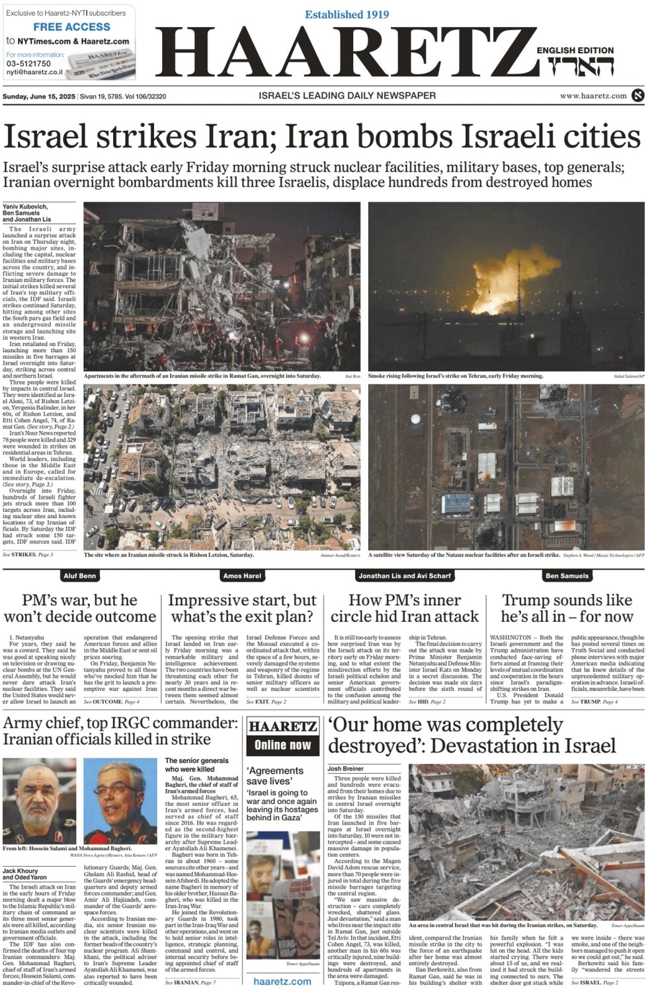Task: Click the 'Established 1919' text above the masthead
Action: coord(346,15)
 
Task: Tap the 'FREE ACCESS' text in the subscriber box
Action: coord(71,27)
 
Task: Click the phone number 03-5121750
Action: coord(28,64)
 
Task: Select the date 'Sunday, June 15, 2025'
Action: coord(39,96)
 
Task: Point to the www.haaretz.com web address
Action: coord(593,96)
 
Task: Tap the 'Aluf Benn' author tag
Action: coord(79,576)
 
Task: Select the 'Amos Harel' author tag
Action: coord(242,576)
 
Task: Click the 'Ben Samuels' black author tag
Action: coord(567,576)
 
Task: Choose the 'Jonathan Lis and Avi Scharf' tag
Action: coord(404,576)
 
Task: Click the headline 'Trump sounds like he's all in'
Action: coord(567,608)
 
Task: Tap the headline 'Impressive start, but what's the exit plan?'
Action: coord(242,608)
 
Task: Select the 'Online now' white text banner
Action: coord(282,745)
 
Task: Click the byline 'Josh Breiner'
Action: coord(345,768)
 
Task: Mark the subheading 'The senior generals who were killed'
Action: coord(196,764)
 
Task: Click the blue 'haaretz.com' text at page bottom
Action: coord(282,982)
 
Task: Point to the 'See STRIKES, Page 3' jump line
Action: coord(28,554)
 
